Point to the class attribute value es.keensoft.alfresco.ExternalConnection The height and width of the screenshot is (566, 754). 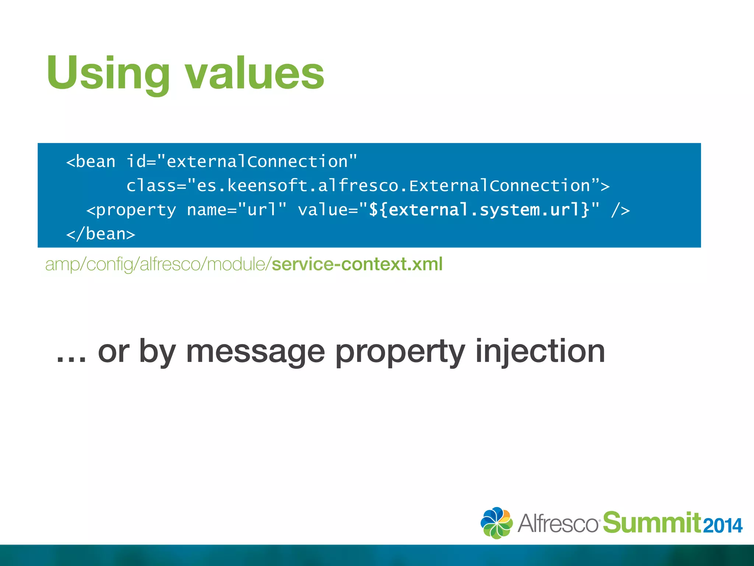[x=394, y=186]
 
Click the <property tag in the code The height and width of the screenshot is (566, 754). [x=131, y=210]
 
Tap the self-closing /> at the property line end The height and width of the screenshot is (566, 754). [x=620, y=210]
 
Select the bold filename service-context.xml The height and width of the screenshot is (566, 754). [x=357, y=264]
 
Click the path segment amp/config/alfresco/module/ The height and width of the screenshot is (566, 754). [x=158, y=264]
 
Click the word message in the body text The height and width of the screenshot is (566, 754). [x=255, y=352]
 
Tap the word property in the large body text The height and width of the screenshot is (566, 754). [x=400, y=352]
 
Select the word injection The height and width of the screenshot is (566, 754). [x=540, y=352]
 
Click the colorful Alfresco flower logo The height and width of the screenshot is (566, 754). [x=496, y=523]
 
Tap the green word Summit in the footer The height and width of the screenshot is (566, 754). [x=652, y=523]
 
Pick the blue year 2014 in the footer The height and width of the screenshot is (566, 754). [x=722, y=526]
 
